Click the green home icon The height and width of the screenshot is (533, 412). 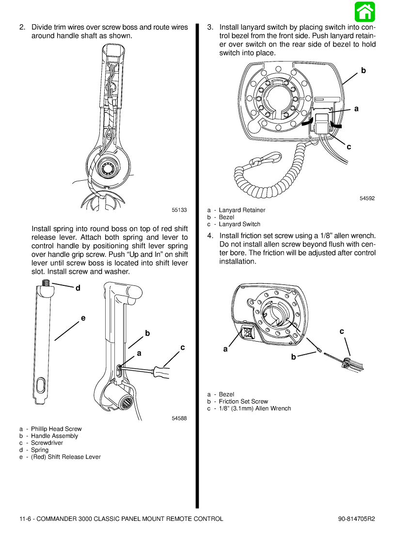364,12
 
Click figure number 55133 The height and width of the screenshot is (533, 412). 179,210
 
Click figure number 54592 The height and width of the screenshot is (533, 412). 367,198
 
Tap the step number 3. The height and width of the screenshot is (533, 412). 210,28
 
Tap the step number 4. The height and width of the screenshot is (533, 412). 210,236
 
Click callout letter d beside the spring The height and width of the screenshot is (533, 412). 78,288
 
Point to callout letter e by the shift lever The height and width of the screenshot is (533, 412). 83,318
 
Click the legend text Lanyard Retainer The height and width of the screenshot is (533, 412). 242,210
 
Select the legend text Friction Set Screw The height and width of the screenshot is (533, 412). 243,401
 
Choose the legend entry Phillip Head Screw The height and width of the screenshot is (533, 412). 56,429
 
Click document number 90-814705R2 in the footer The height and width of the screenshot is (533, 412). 357,518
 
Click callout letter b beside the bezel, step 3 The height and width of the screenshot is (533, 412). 363,71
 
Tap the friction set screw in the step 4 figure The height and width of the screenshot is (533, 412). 319,349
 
